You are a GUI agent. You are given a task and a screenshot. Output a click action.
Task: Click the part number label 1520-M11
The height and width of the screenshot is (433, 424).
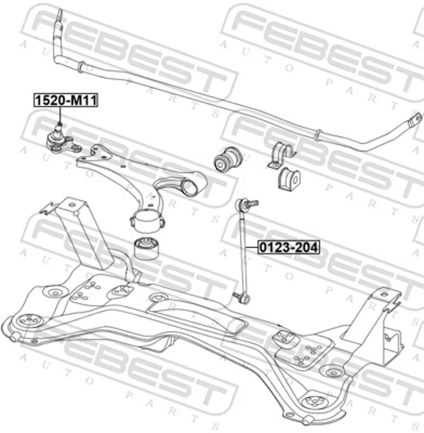click(x=66, y=100)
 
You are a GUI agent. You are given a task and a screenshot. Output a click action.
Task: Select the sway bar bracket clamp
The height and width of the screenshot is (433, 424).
click(x=279, y=155)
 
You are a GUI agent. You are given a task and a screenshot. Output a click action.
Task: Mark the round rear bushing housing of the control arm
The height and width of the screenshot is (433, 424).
click(x=146, y=219)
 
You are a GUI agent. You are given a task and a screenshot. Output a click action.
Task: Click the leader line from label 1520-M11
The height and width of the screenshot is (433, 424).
click(x=59, y=115)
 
